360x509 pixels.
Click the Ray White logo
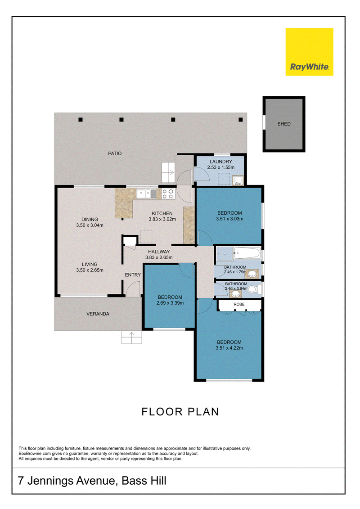click(309, 52)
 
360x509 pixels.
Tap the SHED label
click(283, 124)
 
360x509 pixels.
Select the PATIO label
click(115, 153)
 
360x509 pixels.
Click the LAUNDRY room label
click(221, 162)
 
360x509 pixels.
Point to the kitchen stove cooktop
click(168, 194)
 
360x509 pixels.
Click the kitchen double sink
click(146, 194)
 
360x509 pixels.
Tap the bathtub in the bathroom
click(247, 253)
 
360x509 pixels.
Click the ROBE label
click(239, 305)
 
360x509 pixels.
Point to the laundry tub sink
click(238, 180)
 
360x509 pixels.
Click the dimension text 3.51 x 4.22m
click(229, 348)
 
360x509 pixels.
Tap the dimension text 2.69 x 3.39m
click(170, 303)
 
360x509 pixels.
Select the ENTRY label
click(133, 275)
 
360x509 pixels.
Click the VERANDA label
click(98, 314)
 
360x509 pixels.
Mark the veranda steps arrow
click(131, 337)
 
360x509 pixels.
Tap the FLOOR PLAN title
click(180, 412)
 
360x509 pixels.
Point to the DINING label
click(90, 220)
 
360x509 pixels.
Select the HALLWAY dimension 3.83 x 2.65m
click(159, 257)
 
